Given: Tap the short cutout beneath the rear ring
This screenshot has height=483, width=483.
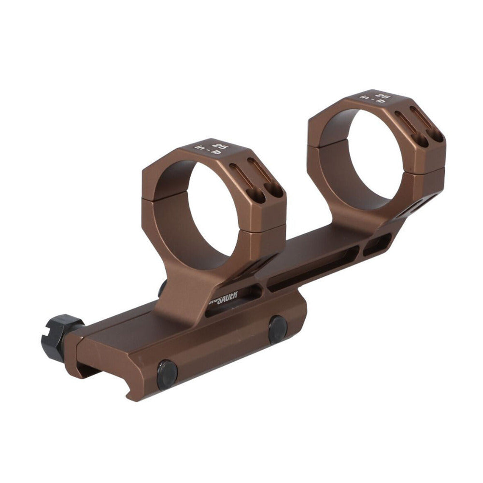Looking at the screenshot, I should tap(377, 245).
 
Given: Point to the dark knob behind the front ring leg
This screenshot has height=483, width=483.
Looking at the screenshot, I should tap(163, 288).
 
